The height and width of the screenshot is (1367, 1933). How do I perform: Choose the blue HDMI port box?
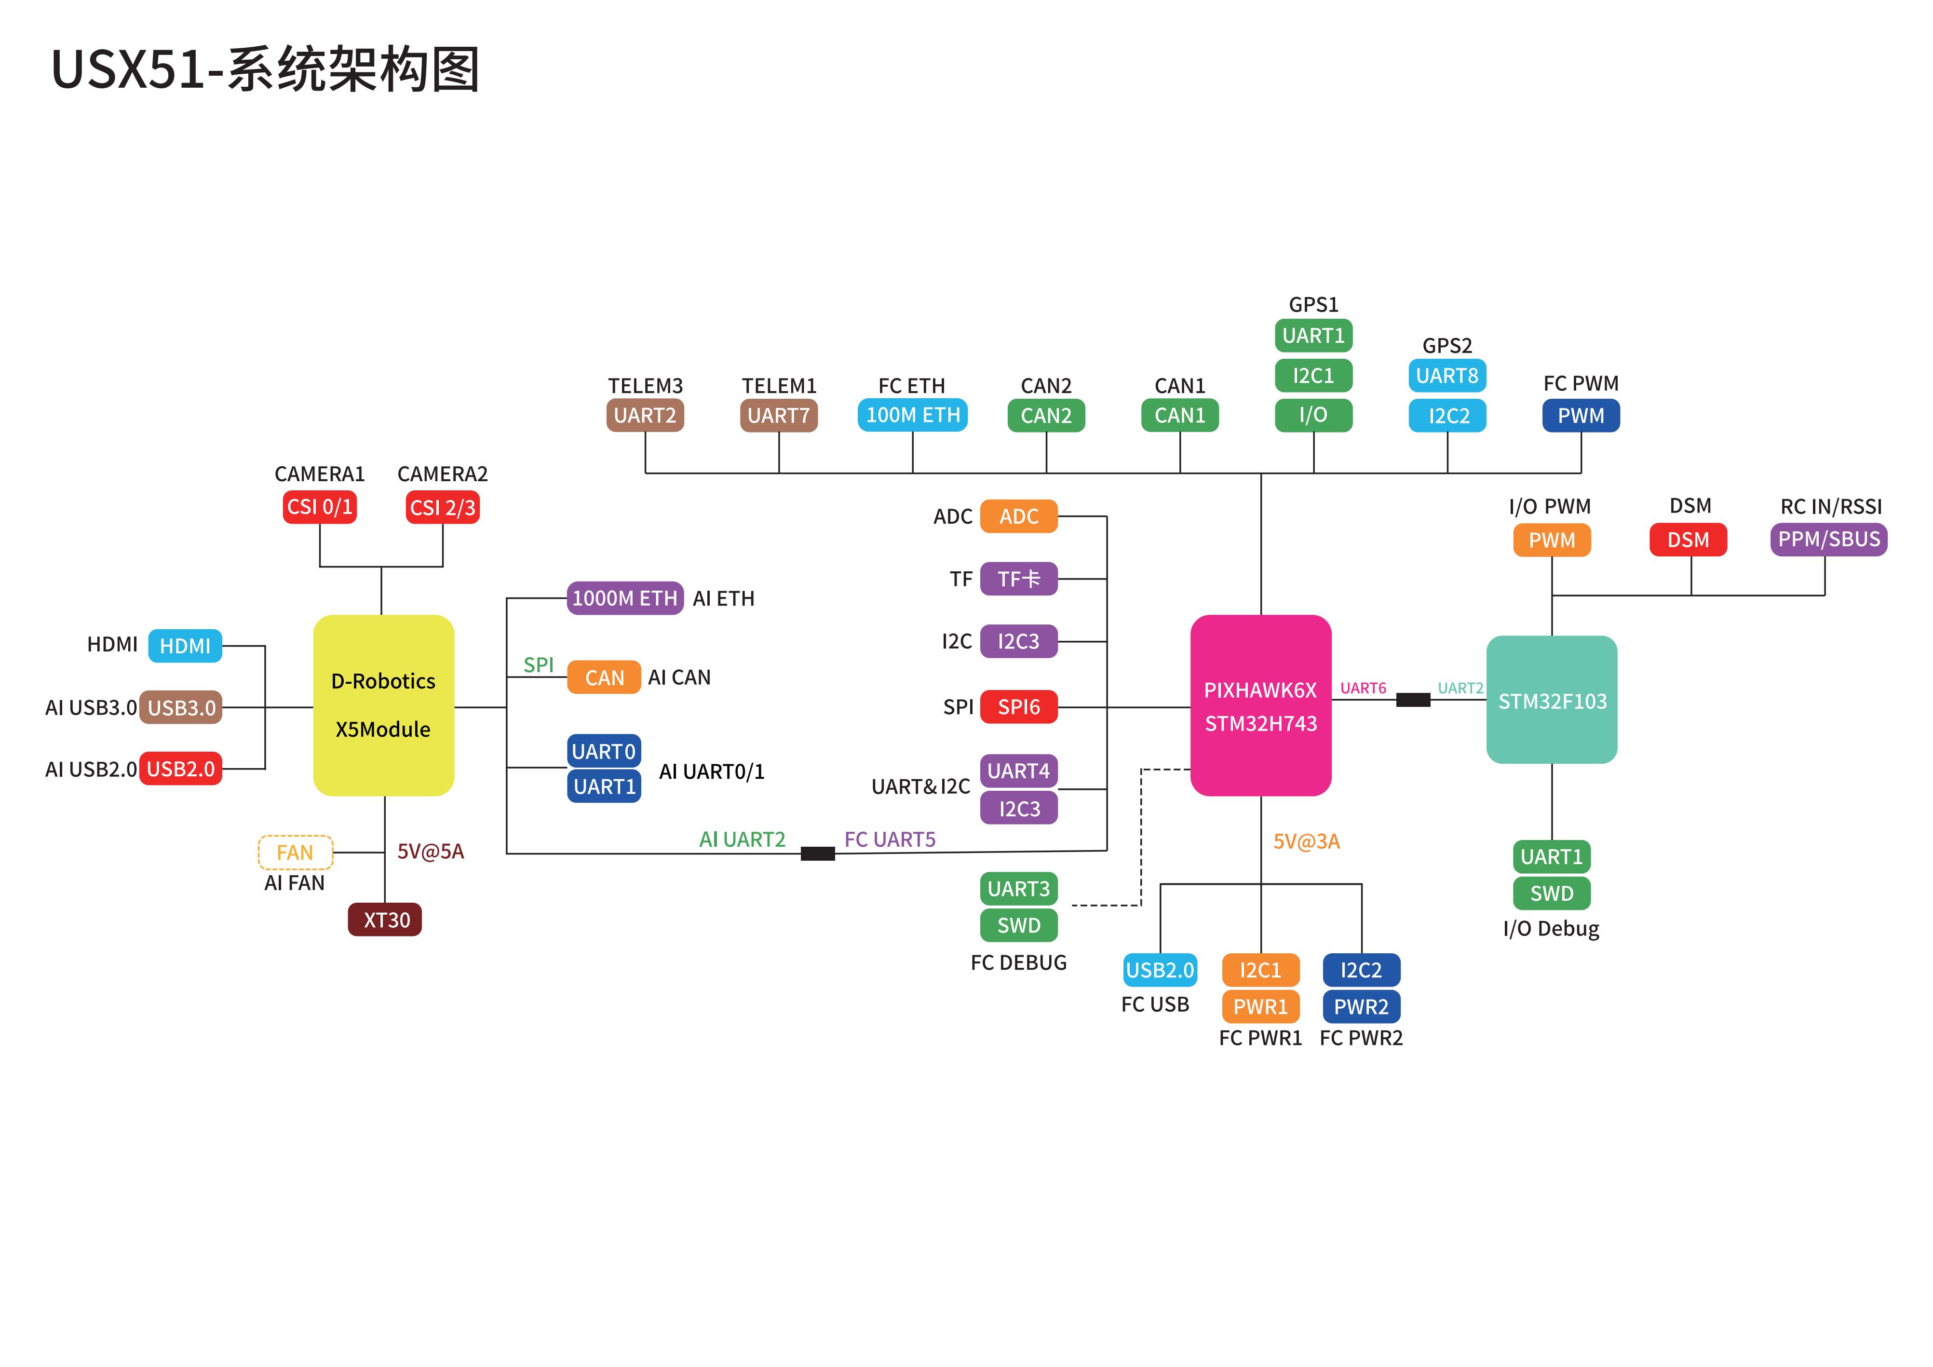tap(185, 646)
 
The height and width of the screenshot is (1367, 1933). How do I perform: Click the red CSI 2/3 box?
tap(442, 508)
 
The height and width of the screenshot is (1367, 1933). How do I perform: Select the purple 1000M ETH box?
tap(625, 598)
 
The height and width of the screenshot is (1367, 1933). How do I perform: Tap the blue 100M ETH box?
tap(913, 415)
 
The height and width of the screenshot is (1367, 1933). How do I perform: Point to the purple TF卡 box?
tap(1019, 579)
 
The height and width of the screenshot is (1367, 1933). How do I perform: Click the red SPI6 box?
tap(1019, 707)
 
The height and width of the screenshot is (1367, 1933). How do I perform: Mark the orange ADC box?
tap(1019, 516)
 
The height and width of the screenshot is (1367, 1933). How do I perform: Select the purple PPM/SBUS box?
tap(1828, 540)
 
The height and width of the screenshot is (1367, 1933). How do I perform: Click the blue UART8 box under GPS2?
tap(1447, 376)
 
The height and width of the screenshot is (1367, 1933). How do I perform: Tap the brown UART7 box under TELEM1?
tap(779, 415)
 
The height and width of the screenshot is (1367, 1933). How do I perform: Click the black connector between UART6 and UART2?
tap(1413, 700)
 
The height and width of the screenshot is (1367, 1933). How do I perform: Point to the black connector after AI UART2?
tap(817, 853)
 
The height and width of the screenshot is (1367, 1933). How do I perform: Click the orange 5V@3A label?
tap(1306, 841)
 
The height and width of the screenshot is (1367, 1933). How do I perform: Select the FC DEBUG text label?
tap(1018, 962)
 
